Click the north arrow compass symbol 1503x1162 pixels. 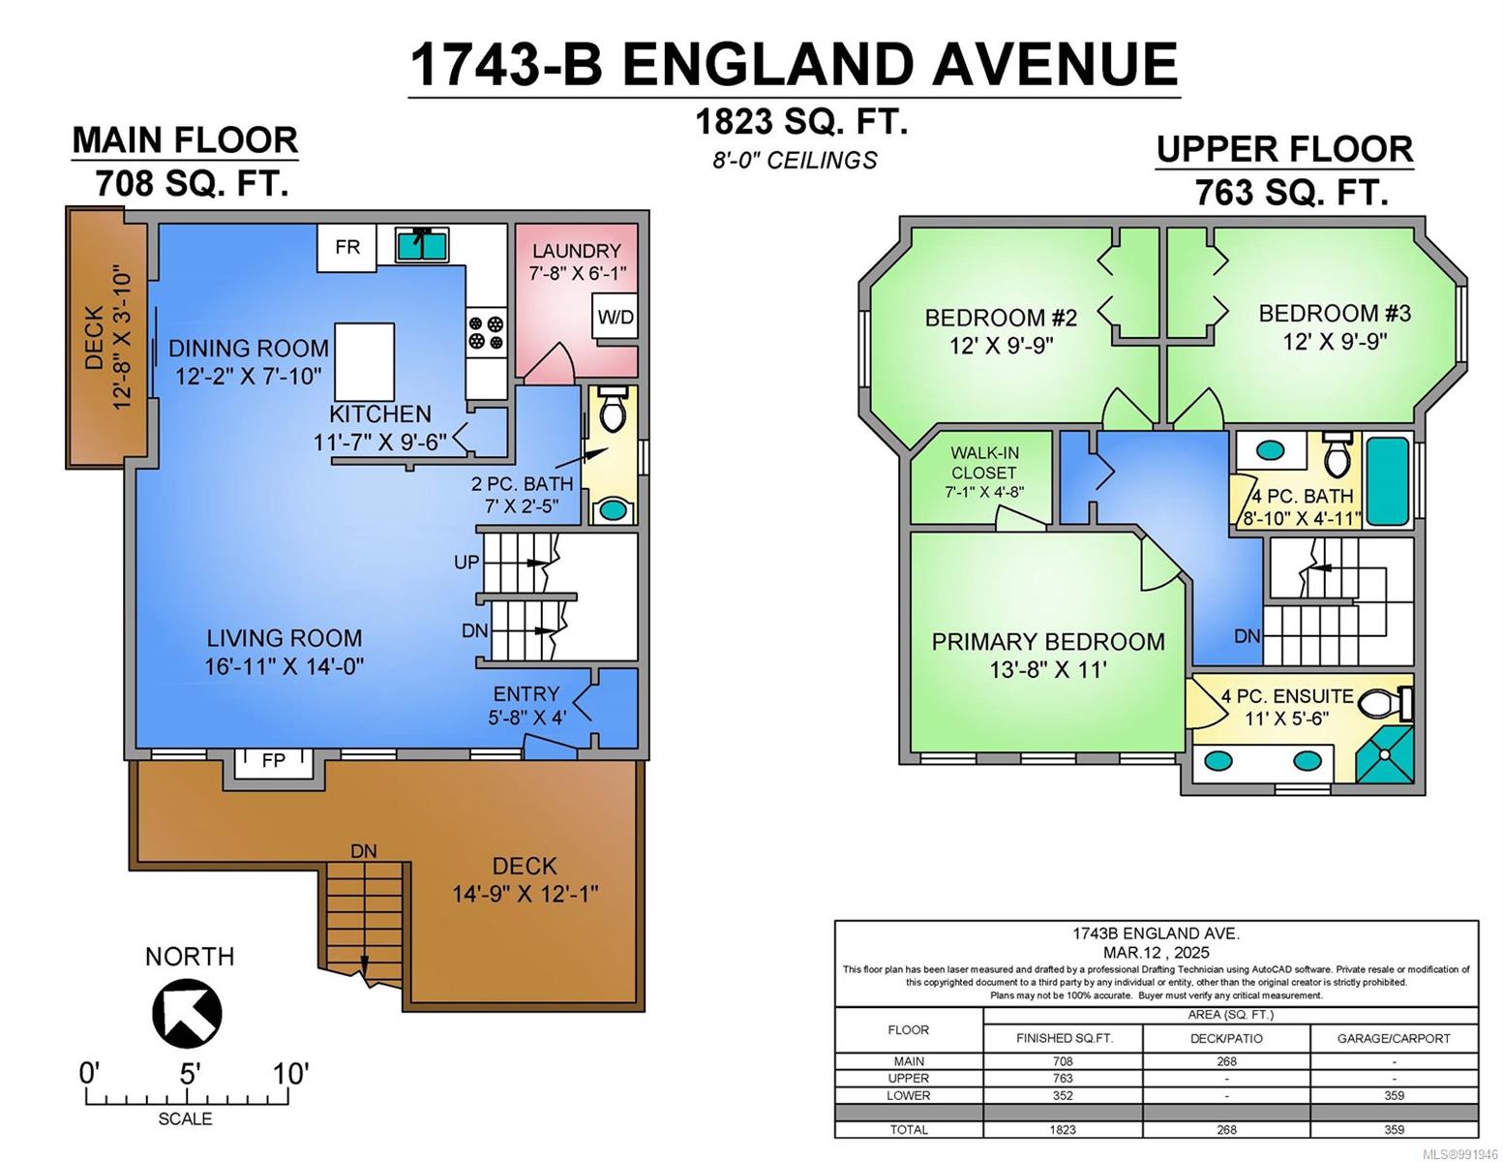[x=187, y=1013]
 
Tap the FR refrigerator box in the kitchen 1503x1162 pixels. [x=347, y=247]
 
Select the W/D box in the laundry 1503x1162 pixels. [x=615, y=317]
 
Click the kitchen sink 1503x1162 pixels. [x=422, y=244]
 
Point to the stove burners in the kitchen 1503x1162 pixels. [x=486, y=332]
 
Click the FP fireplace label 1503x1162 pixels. [x=274, y=761]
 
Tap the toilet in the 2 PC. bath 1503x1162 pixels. [x=611, y=408]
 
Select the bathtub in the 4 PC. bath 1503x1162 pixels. [x=1388, y=481]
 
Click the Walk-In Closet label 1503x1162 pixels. [x=983, y=462]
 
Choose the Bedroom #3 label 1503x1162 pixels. [x=1335, y=314]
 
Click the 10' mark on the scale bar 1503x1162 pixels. [x=289, y=1074]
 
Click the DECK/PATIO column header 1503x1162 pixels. [x=1226, y=1038]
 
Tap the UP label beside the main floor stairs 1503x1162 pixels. [x=466, y=562]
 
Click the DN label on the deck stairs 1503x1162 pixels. [x=364, y=851]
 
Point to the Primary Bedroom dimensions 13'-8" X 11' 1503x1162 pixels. [x=1048, y=670]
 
